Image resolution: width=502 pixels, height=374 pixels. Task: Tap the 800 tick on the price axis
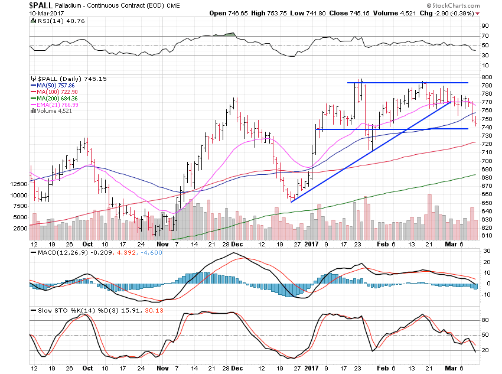pyautogui.click(x=485, y=77)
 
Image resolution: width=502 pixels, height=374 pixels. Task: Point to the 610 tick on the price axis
pyautogui.click(x=485, y=236)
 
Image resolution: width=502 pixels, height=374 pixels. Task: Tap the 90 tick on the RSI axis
pyautogui.click(x=484, y=26)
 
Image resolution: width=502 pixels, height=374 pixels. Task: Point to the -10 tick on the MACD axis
pyautogui.click(x=485, y=294)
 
